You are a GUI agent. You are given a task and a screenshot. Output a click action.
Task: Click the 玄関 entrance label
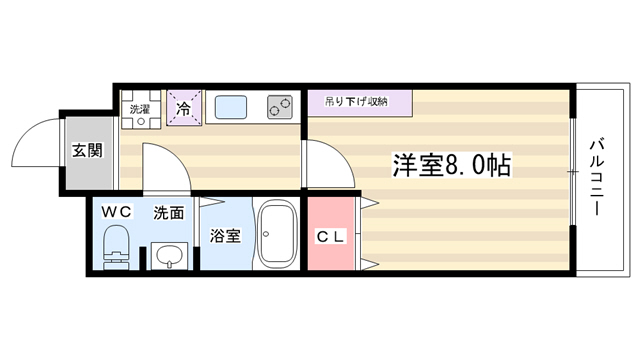pyautogui.click(x=87, y=150)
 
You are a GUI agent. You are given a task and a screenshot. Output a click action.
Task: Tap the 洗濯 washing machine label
pyautogui.click(x=140, y=109)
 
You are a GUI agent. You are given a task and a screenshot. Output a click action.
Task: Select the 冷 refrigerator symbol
pyautogui.click(x=184, y=108)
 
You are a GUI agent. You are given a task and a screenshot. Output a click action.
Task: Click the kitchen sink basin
pyautogui.click(x=231, y=107)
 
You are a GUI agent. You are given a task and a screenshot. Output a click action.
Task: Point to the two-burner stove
pyautogui.click(x=280, y=107)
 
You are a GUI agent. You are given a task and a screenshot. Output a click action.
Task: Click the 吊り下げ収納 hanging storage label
pyautogui.click(x=356, y=101)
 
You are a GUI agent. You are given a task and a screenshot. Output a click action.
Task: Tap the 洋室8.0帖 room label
pyautogui.click(x=451, y=165)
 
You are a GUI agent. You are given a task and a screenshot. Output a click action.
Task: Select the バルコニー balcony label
pyautogui.click(x=597, y=178)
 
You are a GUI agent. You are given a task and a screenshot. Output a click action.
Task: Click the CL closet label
pyautogui.click(x=331, y=236)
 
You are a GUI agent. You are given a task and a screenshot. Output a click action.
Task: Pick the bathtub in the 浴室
pyautogui.click(x=278, y=234)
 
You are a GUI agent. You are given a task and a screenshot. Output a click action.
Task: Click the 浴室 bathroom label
pyautogui.click(x=225, y=236)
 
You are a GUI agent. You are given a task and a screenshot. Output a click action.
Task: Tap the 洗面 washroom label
pyautogui.click(x=169, y=213)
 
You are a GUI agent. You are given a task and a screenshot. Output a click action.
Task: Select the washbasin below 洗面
pyautogui.click(x=170, y=256)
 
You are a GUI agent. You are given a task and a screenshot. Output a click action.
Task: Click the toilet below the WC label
pyautogui.click(x=116, y=247)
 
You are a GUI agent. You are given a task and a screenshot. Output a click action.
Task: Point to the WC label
pyautogui.click(x=116, y=212)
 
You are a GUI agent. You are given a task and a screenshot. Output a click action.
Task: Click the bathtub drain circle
pyautogui.click(x=266, y=234)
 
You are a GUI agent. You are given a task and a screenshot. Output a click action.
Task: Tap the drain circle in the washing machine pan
pyautogui.click(x=141, y=121)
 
